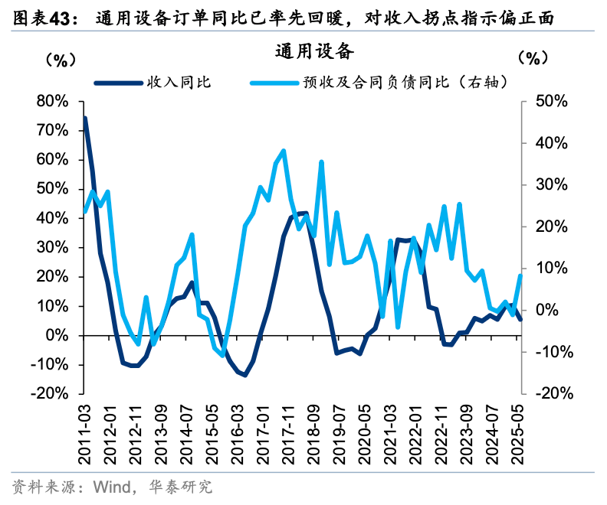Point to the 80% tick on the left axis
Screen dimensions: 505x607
[x=52, y=102]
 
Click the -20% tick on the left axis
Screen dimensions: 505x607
[x=51, y=393]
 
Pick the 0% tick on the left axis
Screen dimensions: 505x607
[x=57, y=335]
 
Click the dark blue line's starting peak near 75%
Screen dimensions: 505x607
[x=84, y=119]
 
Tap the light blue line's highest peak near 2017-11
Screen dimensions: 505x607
[x=284, y=151]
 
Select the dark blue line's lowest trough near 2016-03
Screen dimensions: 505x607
[x=244, y=375]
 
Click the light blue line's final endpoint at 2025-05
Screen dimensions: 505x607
[x=521, y=275]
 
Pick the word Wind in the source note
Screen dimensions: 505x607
[x=108, y=487]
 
